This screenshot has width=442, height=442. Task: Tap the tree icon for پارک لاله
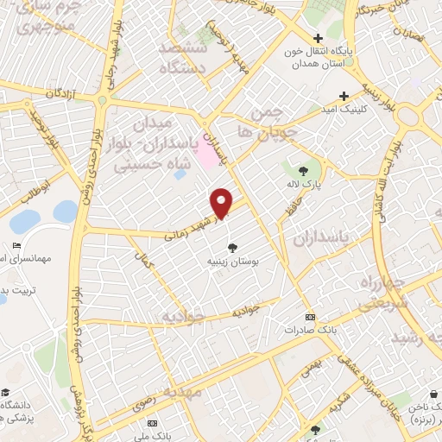pos(304,171)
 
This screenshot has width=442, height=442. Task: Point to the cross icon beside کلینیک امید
pos(344,96)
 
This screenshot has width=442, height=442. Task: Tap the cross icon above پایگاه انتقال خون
pos(319,38)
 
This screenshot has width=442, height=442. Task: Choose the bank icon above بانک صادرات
pos(311,317)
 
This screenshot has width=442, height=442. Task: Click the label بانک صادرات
pos(311,329)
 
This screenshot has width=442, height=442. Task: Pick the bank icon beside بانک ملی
pos(154,423)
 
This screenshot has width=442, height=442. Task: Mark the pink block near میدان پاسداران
pos(208,152)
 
